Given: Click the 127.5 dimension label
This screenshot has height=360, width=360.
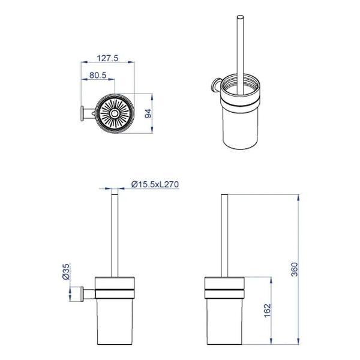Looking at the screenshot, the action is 107,58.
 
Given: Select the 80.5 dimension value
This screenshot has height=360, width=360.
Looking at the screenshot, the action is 98,75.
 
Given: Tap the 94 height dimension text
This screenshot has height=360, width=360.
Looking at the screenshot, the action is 149,113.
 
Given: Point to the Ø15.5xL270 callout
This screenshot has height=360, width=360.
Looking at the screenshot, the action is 155,184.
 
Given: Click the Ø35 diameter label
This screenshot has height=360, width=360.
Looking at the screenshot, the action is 65,271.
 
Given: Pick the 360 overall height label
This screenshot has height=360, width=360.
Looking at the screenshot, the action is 294,269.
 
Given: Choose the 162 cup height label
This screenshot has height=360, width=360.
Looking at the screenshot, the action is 268,310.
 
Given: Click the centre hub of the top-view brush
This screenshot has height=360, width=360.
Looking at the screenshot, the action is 114,113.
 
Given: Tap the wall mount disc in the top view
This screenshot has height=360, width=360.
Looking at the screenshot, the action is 82,113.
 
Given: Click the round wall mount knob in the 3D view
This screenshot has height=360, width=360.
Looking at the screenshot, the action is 215,85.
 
